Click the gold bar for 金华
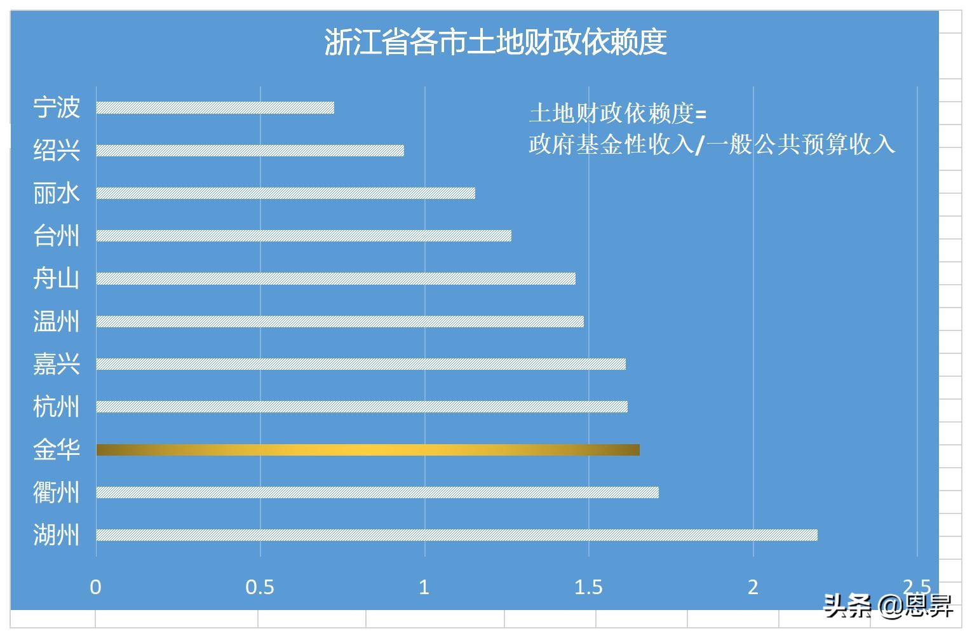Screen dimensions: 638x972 click(x=368, y=450)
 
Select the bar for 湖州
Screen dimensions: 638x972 click(x=457, y=535)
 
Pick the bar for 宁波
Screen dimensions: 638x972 click(x=215, y=107)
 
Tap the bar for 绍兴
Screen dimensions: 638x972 click(x=250, y=151)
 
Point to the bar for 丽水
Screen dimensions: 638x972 click(x=286, y=193)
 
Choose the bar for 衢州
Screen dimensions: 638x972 click(x=377, y=492)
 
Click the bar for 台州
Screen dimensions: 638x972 click(x=304, y=236)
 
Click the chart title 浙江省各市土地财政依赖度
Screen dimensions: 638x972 click(x=496, y=43)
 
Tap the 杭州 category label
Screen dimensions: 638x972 click(x=57, y=407)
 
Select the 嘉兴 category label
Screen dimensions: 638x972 click(x=57, y=364)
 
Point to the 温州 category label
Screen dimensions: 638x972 click(x=57, y=322)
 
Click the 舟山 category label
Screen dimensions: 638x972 click(x=57, y=278)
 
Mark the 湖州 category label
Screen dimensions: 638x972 click(x=57, y=535)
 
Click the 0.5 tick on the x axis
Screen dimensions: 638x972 click(x=260, y=587)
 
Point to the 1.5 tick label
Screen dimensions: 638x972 click(x=588, y=587)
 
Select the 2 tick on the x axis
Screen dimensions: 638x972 click(x=753, y=587)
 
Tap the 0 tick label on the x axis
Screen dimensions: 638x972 click(x=96, y=587)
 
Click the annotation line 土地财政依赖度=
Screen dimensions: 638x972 click(x=618, y=114)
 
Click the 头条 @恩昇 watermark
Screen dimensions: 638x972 click(x=888, y=607)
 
